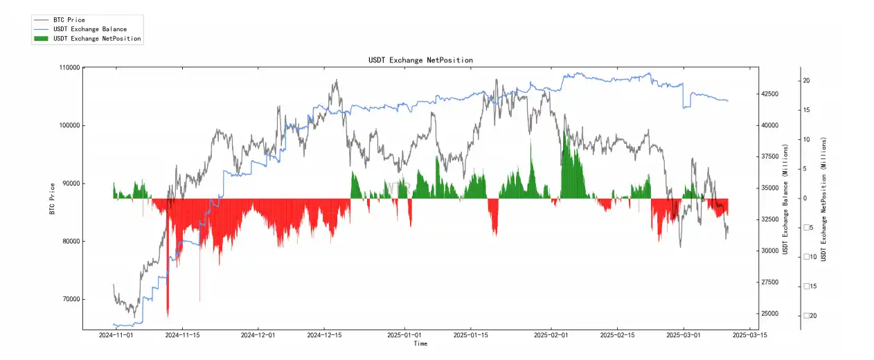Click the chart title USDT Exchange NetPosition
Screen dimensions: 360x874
(x=420, y=60)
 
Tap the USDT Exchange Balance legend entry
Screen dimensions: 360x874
(x=89, y=29)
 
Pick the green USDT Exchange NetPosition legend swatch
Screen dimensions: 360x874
(x=42, y=39)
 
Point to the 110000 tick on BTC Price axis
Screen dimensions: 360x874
(x=70, y=68)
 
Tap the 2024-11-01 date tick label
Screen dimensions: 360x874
(x=115, y=335)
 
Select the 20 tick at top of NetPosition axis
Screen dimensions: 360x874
(x=806, y=81)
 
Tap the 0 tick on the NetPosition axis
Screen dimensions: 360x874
(x=805, y=199)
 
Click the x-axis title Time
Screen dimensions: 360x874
(x=420, y=343)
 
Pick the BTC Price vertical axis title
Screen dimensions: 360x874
(x=52, y=198)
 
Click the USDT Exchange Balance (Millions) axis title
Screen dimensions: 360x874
(x=785, y=199)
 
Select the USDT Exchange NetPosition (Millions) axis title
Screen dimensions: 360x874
(x=823, y=199)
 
